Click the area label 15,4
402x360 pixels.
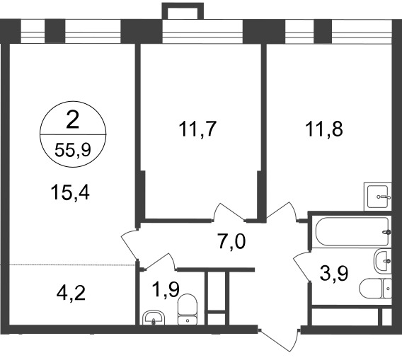pyautogui.click(x=70, y=192)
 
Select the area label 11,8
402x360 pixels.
pyautogui.click(x=324, y=129)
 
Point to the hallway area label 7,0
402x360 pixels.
pyautogui.click(x=232, y=242)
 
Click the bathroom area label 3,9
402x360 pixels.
pyautogui.click(x=334, y=273)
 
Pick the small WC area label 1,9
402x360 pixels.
pyautogui.click(x=166, y=289)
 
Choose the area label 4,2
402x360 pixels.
pyautogui.click(x=71, y=293)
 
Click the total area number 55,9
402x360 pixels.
pyautogui.click(x=73, y=150)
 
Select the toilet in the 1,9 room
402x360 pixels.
pyautogui.click(x=188, y=309)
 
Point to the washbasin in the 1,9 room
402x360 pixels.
pyautogui.click(x=154, y=318)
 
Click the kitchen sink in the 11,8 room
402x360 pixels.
pyautogui.click(x=378, y=197)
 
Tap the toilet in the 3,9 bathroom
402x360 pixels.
pyautogui.click(x=376, y=289)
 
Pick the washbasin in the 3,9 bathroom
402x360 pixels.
pyautogui.click(x=383, y=261)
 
